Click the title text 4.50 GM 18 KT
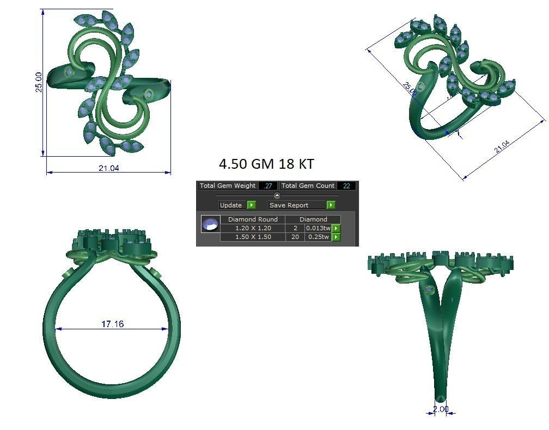click(x=266, y=164)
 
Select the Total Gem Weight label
click(x=228, y=186)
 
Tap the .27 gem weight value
click(x=268, y=186)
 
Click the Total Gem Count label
click(x=308, y=186)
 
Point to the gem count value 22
click(x=346, y=186)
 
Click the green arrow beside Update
click(x=251, y=205)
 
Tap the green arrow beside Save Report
click(x=331, y=205)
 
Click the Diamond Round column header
click(x=253, y=219)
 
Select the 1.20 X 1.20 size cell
click(x=253, y=228)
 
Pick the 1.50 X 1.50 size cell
click(x=253, y=237)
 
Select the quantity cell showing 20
click(x=295, y=237)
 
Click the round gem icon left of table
click(x=210, y=224)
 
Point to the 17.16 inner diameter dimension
click(x=112, y=324)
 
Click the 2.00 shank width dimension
click(x=441, y=409)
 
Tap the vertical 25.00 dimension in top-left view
click(x=39, y=82)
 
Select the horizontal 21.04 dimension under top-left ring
click(x=108, y=168)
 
